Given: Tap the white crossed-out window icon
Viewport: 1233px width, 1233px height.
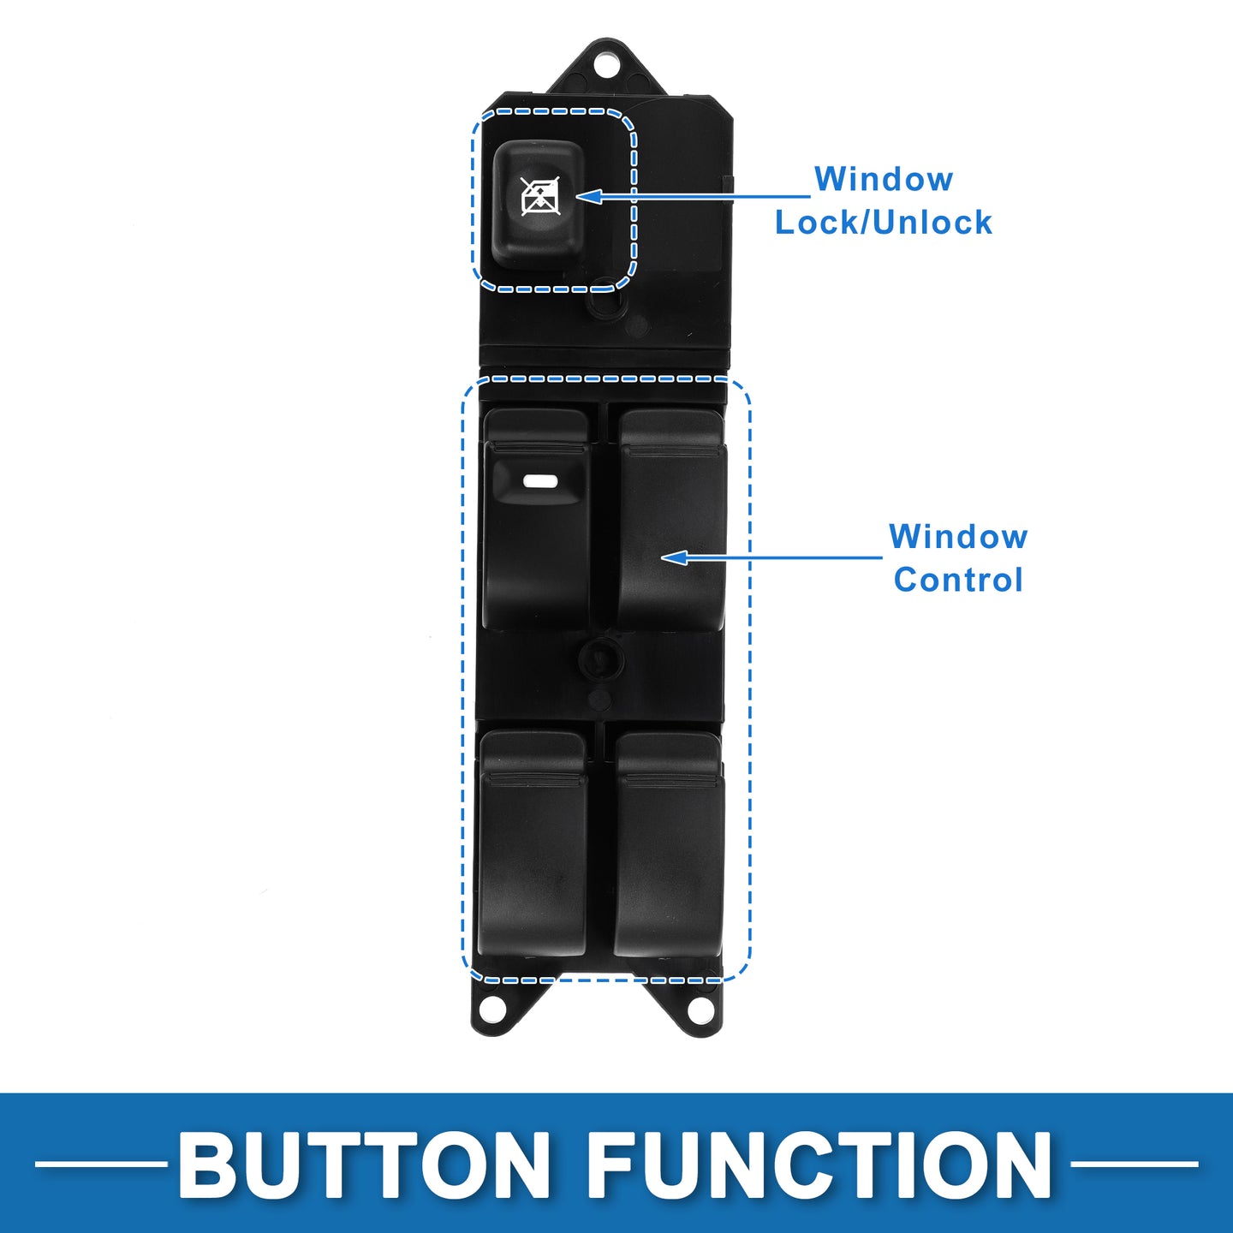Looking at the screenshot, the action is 540,196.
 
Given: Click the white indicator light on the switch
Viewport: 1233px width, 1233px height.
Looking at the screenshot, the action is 540,480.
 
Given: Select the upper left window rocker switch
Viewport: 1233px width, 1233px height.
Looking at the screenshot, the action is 537,519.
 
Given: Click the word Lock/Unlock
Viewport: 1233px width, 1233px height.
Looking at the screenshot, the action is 883,222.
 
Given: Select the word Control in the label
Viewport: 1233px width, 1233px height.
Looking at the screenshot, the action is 958,579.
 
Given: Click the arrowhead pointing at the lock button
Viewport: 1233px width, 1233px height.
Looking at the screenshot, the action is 588,196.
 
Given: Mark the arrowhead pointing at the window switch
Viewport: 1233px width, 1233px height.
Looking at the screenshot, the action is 674,557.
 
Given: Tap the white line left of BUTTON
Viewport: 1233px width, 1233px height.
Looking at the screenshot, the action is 100,1164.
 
